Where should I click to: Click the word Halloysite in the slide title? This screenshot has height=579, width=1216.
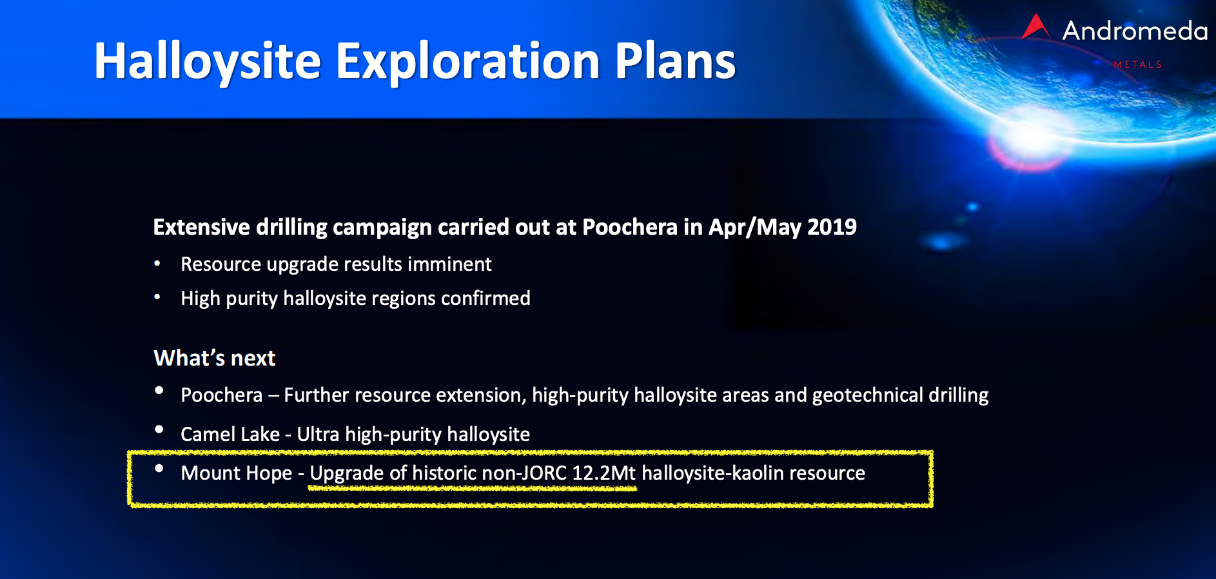tap(208, 62)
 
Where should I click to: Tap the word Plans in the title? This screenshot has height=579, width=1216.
tap(675, 61)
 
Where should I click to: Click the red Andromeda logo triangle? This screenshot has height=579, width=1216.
tap(1035, 27)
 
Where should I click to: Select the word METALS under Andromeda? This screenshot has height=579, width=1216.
tap(1137, 64)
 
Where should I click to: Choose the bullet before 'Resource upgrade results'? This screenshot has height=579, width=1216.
tap(157, 263)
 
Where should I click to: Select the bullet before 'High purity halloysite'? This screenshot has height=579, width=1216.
tap(157, 297)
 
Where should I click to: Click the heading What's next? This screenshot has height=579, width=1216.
tap(215, 358)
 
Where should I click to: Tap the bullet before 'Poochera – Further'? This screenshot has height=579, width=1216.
tap(159, 390)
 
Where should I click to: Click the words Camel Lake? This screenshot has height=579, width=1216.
tap(230, 434)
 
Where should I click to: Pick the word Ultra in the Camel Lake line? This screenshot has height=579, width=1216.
tap(318, 434)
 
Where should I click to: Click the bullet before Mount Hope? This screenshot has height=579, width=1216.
tap(159, 468)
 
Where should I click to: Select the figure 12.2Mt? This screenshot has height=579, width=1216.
tap(604, 473)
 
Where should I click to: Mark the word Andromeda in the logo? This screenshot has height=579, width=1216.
tap(1135, 31)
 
